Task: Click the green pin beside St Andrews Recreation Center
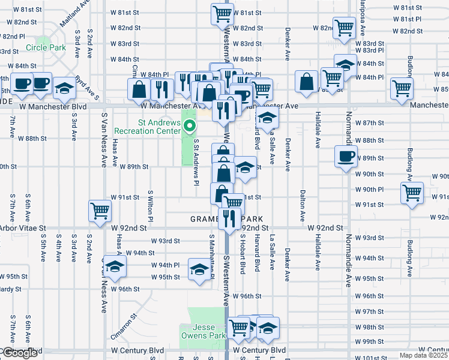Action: (190, 126)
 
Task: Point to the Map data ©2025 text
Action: (424, 355)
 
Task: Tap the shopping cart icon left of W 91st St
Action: (100, 210)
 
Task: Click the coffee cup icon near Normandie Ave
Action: (345, 157)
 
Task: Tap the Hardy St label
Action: (11, 289)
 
